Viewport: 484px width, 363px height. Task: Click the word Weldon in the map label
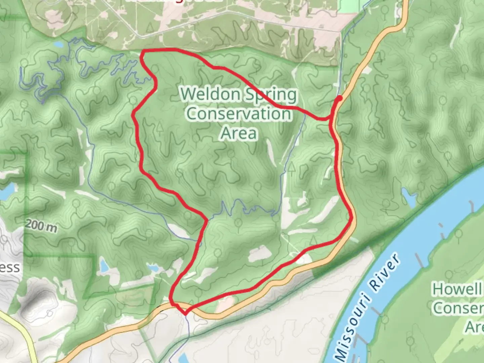coord(211,94)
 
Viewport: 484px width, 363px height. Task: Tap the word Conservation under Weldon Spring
coord(239,113)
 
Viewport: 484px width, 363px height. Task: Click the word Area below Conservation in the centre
coord(239,133)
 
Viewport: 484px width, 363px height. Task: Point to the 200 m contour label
coord(41,225)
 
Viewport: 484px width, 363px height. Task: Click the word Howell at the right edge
coord(457,289)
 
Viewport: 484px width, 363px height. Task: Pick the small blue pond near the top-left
coord(58,44)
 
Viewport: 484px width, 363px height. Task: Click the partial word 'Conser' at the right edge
coord(457,308)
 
